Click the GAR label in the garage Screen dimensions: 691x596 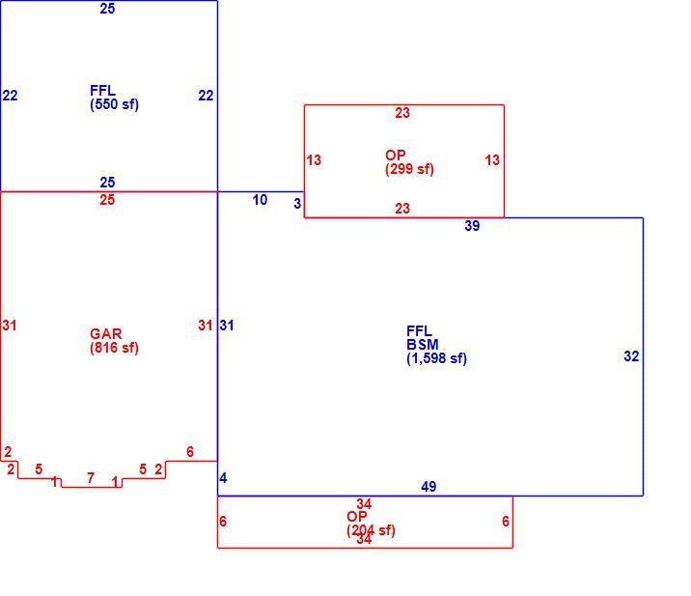point(106,334)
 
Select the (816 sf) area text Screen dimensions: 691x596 point(114,348)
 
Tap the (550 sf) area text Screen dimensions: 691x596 point(114,104)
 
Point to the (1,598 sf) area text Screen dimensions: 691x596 point(436,358)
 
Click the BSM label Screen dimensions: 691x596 point(422,345)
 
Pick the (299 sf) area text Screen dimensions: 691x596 point(409,169)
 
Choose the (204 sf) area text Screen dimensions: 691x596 point(371,530)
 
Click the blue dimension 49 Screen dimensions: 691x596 point(428,487)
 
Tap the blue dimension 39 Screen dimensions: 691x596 point(472,226)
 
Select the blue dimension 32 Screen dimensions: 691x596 point(631,356)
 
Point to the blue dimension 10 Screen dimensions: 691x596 point(260,200)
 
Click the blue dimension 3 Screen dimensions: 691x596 point(297,204)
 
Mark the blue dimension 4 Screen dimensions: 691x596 point(223,478)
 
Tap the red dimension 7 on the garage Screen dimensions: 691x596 point(91,478)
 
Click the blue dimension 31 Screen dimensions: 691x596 point(227,326)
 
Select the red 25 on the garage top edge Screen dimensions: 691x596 point(107,200)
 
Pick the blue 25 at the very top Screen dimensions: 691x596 point(107,9)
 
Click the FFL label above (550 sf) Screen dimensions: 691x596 point(102,91)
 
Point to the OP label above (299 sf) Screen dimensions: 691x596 point(396,156)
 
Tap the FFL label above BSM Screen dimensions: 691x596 point(419,331)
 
